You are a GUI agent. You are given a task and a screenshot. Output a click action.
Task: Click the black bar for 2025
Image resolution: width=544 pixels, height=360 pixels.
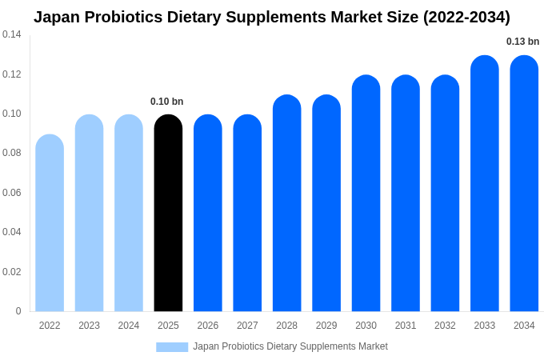coord(168,214)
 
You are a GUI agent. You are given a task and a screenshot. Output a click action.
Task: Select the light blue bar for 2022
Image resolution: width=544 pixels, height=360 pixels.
coord(50,223)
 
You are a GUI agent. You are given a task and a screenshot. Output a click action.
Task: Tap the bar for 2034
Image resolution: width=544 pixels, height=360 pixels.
coord(524,184)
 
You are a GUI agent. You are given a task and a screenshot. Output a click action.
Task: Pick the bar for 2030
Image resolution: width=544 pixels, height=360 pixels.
coord(366,194)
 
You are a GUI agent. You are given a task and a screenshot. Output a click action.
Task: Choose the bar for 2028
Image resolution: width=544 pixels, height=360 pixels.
coord(287,203)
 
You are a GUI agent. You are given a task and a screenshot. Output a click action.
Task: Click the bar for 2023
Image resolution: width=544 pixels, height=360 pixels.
coord(89,214)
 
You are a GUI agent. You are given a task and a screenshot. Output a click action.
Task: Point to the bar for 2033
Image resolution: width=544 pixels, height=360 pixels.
coord(485,184)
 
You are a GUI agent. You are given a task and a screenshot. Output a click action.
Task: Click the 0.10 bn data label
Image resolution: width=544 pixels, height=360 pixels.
coord(167,102)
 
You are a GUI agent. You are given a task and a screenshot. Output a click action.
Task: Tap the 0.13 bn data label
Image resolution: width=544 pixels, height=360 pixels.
coord(522,42)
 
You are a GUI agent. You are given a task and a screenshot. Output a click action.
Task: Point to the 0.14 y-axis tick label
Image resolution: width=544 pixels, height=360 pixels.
coord(12,34)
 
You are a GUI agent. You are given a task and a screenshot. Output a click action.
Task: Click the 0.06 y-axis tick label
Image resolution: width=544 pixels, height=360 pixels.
coord(12,193)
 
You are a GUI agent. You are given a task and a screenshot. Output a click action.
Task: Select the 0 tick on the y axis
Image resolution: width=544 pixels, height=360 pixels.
coord(18,311)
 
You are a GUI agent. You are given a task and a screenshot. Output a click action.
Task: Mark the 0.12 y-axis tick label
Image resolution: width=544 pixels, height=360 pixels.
coord(12,74)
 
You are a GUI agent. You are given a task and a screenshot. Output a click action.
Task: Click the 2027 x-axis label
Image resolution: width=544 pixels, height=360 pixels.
coord(247,326)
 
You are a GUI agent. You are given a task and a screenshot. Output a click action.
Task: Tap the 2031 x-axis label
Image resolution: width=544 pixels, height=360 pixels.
coord(406,326)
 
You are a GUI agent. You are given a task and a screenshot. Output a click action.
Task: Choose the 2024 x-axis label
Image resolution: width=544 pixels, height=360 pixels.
coord(129,326)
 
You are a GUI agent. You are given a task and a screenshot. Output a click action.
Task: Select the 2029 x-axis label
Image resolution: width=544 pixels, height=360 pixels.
coord(326,326)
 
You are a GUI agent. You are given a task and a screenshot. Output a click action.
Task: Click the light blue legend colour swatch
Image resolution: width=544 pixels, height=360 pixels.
coord(172,347)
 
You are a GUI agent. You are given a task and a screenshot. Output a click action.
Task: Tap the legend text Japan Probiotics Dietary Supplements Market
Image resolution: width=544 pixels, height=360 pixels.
coord(290,346)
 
